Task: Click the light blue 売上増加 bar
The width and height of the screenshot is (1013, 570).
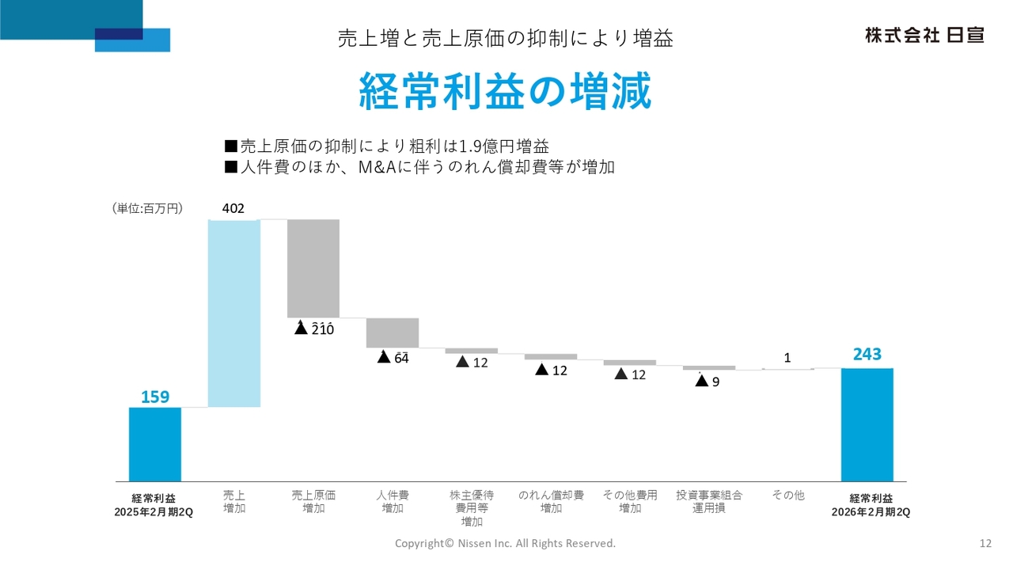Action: click(233, 313)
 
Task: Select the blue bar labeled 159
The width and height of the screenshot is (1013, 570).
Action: click(155, 444)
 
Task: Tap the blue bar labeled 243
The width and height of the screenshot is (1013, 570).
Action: click(867, 424)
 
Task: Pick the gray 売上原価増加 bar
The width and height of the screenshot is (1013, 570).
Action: click(313, 268)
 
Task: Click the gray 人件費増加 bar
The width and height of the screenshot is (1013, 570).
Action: click(393, 332)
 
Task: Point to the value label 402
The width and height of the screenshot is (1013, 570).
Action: click(233, 209)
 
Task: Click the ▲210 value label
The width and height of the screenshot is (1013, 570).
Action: click(314, 329)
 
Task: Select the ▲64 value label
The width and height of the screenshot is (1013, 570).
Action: click(393, 358)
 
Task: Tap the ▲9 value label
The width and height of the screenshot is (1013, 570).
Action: click(708, 382)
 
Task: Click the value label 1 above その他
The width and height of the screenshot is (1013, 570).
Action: click(787, 358)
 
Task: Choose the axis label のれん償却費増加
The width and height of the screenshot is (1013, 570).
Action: click(551, 502)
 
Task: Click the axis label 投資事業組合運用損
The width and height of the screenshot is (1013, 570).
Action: click(709, 502)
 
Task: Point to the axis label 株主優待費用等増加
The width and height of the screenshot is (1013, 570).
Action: click(472, 508)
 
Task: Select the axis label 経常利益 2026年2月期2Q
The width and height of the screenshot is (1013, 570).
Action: click(871, 505)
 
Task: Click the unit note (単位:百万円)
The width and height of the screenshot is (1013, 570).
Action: click(148, 209)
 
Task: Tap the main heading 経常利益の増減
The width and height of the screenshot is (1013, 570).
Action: click(506, 92)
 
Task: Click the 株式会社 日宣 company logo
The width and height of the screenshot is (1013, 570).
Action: click(924, 36)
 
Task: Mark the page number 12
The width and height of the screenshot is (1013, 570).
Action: click(985, 543)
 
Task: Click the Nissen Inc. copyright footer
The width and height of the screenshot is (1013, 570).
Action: click(505, 543)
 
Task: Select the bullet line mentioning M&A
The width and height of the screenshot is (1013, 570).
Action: click(419, 167)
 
